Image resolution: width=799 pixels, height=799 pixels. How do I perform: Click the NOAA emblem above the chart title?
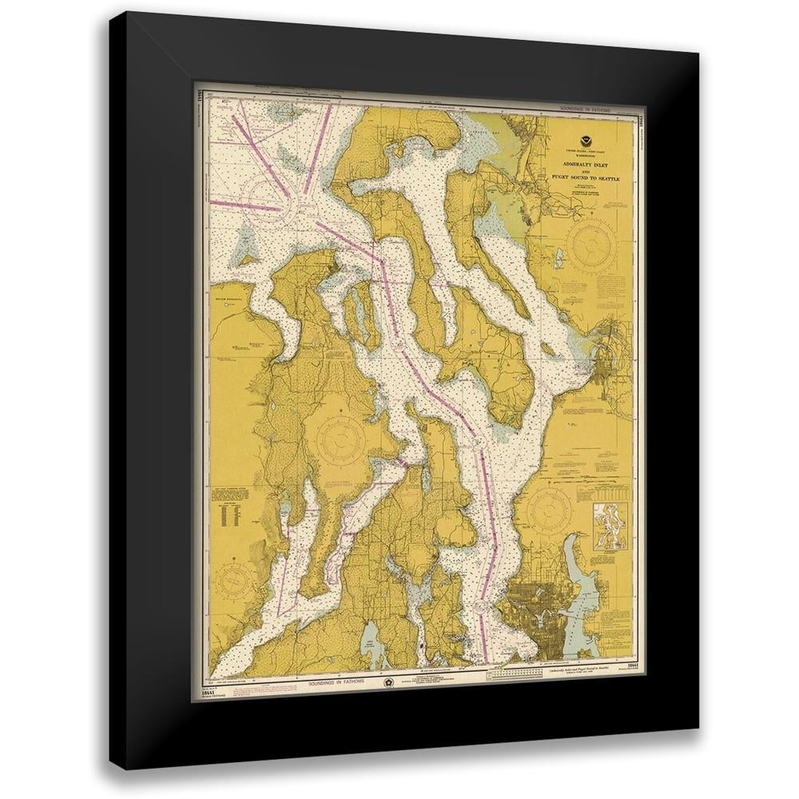586,141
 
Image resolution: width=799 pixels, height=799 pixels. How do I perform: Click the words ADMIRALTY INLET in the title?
586,162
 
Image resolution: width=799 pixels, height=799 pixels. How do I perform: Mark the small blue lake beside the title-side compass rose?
559,258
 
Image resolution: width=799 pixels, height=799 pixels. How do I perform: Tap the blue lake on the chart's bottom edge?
373,652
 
